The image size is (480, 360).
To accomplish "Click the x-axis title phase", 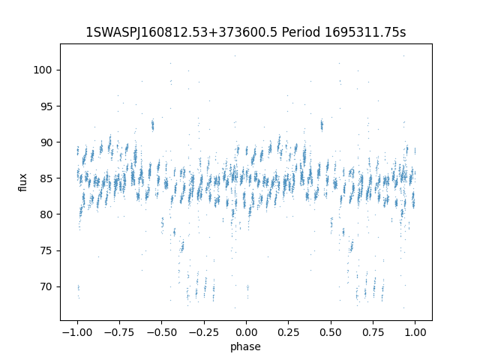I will coord(246,346).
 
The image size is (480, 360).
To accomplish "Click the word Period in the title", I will coord(301,33).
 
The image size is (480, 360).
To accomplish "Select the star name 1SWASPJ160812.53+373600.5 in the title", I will coord(182,33).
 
